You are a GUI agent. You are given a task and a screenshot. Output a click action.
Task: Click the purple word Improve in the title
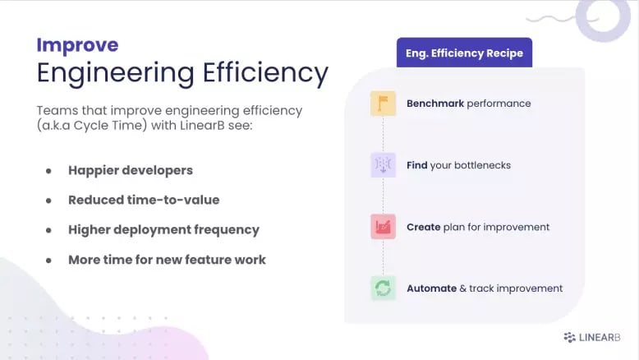[x=77, y=44]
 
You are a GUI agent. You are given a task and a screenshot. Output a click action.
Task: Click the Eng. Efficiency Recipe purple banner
[x=464, y=53]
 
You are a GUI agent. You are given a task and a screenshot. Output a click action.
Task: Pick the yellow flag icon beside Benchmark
[x=383, y=104]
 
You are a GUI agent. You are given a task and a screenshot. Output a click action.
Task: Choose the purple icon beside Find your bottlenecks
[x=383, y=165]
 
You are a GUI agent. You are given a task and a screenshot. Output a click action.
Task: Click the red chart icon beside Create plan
[x=383, y=227]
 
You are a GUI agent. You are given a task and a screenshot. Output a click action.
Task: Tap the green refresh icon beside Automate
[x=383, y=288]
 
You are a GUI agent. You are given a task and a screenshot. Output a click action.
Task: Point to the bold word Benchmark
[x=435, y=104]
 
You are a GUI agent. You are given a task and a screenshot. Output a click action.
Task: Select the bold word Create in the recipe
[x=424, y=227]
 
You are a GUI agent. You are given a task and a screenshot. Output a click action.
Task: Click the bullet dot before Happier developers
[x=48, y=171]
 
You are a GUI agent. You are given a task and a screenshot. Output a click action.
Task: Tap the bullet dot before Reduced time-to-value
[x=48, y=200]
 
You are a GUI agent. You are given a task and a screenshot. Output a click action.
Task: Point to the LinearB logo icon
[x=569, y=337]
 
